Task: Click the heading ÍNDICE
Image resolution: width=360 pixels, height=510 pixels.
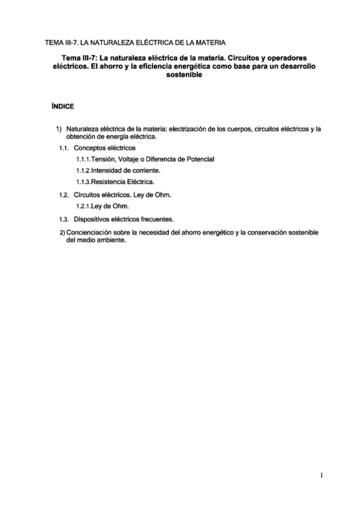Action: (x=63, y=106)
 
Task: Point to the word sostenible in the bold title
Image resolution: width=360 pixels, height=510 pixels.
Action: (x=181, y=76)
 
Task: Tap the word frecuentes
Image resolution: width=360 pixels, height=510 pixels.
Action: (x=158, y=219)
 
